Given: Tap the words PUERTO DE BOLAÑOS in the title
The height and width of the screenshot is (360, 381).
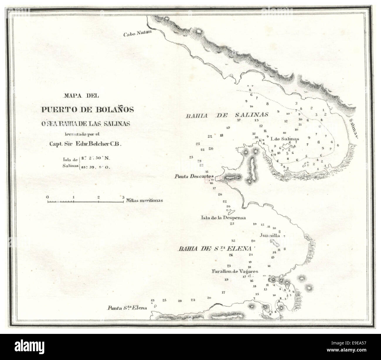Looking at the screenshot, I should click(x=87, y=109).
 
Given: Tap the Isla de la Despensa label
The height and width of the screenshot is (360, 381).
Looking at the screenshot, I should click(x=223, y=218).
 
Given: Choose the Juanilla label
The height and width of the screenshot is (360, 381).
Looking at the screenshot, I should click(x=270, y=235).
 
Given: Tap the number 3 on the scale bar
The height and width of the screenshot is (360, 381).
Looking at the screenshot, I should click(x=123, y=197).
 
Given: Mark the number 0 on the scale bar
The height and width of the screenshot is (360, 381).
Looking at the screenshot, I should click(x=48, y=197).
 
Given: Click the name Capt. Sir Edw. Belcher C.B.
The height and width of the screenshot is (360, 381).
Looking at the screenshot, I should click(x=87, y=144).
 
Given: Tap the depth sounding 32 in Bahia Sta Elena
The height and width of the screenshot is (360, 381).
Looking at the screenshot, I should click(x=234, y=241).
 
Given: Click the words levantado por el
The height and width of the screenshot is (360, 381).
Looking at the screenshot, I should click(x=87, y=135).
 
